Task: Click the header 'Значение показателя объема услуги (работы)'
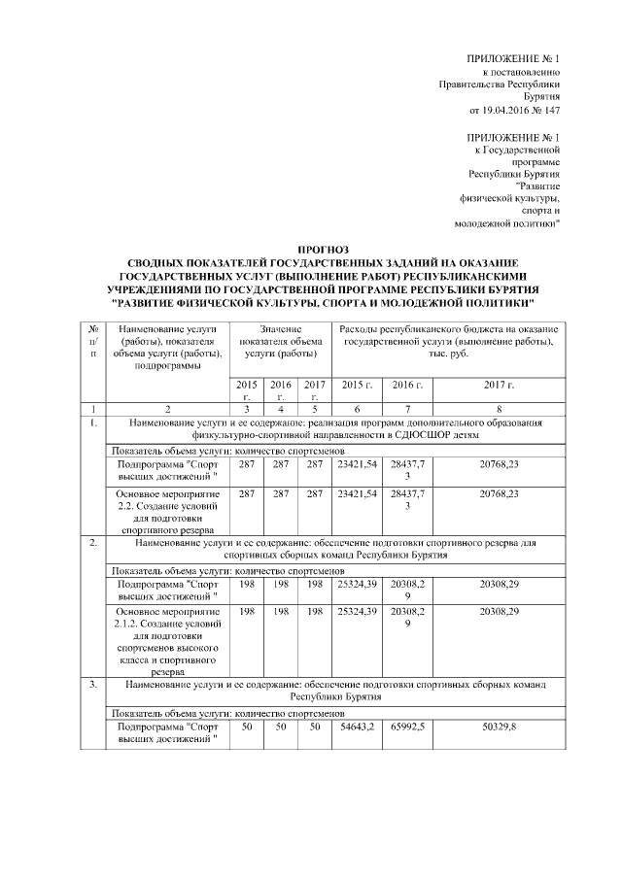point(280,342)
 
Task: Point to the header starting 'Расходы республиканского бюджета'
point(450,336)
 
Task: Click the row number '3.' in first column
point(92,685)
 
